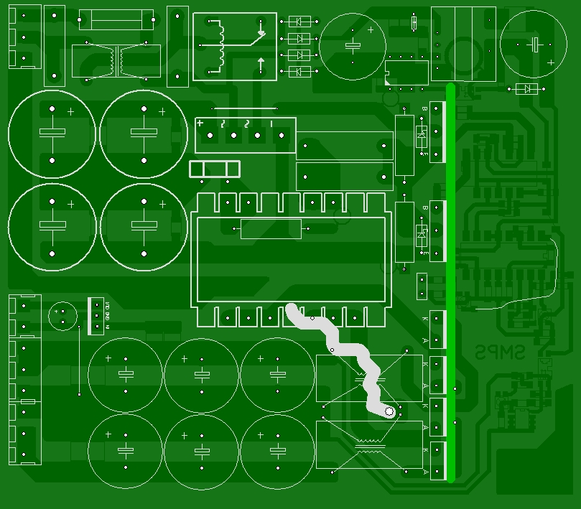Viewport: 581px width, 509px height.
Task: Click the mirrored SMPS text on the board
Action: (x=500, y=352)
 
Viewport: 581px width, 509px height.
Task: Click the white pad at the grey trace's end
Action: (x=389, y=411)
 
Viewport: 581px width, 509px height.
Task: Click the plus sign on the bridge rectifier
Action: (x=200, y=123)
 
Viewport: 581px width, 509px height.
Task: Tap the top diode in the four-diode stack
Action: (x=298, y=22)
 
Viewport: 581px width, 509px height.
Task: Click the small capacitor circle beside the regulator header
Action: (x=63, y=314)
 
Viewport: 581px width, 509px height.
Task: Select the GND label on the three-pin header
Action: (x=107, y=315)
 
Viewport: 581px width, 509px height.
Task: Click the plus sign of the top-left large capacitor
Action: (x=70, y=112)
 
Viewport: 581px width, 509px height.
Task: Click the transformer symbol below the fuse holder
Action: (x=116, y=60)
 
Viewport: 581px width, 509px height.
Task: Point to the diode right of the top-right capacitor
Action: (x=528, y=89)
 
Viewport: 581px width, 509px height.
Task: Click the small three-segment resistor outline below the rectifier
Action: (x=214, y=169)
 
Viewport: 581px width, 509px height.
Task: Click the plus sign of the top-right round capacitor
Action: (x=550, y=62)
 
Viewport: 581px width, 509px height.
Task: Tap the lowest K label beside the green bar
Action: (x=425, y=450)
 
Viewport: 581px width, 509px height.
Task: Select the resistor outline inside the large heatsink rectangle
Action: (x=271, y=229)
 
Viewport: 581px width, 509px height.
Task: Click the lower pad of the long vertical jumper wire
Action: (x=79, y=394)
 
